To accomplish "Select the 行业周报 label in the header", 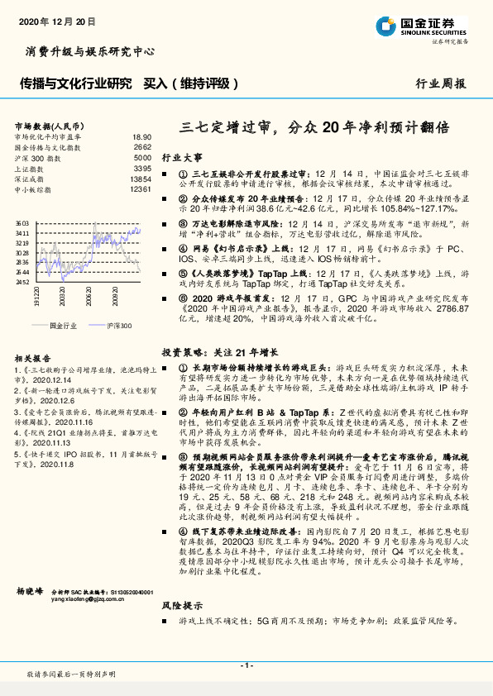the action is [440, 84].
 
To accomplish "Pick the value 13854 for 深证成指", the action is [141, 179].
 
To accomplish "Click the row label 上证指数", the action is [31, 168].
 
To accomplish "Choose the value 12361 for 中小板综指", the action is [141, 189].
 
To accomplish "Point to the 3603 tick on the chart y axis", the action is [22, 224].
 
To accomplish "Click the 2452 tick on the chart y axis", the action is [22, 282].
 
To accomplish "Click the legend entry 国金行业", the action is [63, 326].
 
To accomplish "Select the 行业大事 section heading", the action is [181, 156].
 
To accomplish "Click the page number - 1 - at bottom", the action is [247, 665].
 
